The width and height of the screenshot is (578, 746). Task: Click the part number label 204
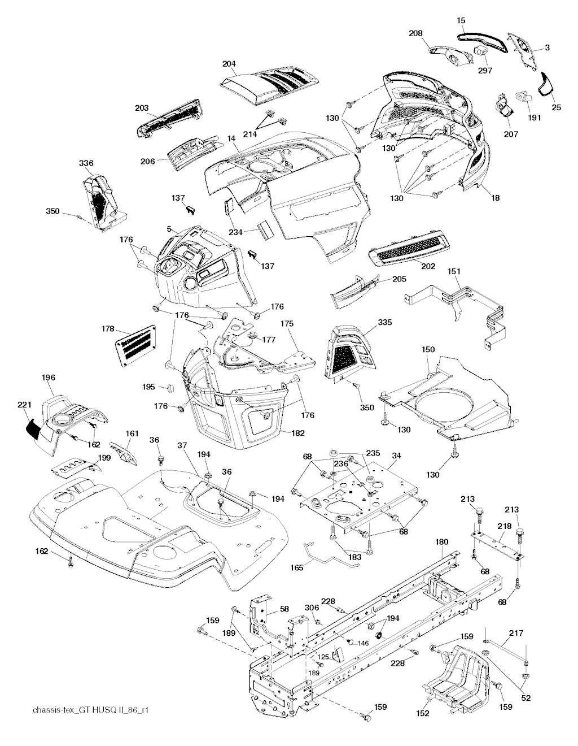pyautogui.click(x=229, y=64)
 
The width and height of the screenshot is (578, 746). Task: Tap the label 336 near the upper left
pyautogui.click(x=86, y=163)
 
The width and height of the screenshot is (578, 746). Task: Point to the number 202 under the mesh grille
pyautogui.click(x=428, y=266)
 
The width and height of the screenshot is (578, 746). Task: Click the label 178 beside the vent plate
pyautogui.click(x=108, y=329)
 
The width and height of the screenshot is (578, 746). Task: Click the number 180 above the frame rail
pyautogui.click(x=442, y=541)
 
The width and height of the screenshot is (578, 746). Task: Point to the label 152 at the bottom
pyautogui.click(x=423, y=714)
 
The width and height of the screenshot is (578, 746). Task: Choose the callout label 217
pyautogui.click(x=516, y=632)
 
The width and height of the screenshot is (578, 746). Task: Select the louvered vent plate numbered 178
pyautogui.click(x=136, y=342)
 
